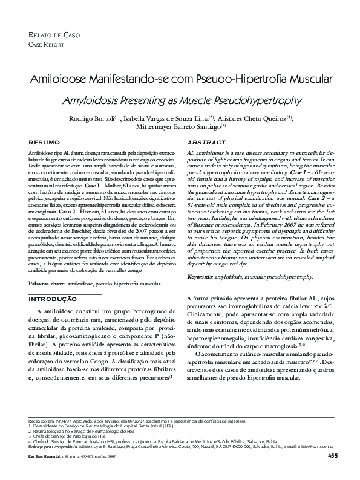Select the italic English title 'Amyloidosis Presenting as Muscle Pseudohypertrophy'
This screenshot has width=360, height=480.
[x=180, y=99]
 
